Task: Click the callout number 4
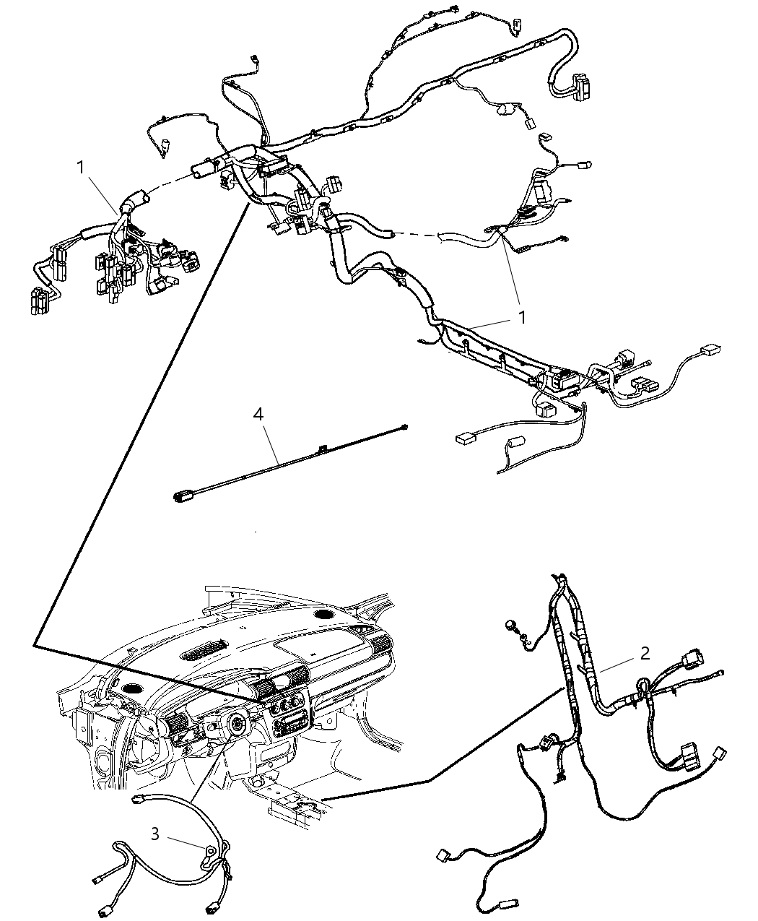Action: [x=258, y=414]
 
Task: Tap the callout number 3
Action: [x=154, y=834]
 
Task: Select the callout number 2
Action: [x=645, y=653]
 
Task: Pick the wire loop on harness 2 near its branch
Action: [x=642, y=686]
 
